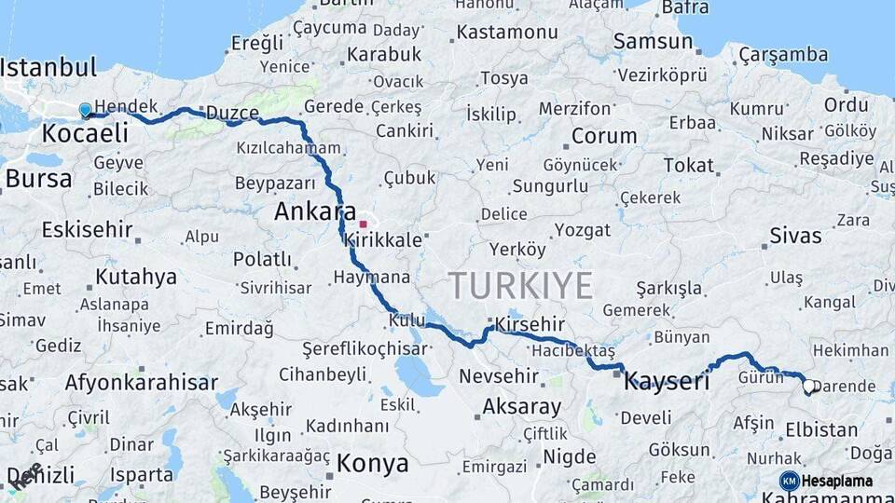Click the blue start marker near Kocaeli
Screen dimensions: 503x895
86,111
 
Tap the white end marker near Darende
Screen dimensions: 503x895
808,385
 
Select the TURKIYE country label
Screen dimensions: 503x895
520,285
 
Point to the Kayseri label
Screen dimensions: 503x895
667,380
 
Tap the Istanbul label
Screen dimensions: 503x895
48,67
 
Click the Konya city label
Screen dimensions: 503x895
373,463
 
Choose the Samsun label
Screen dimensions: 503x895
653,41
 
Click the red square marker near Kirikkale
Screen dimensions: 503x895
363,224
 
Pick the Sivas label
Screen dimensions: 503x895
795,236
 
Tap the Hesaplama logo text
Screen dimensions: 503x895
839,481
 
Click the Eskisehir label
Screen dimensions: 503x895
85,229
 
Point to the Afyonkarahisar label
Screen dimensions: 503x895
142,382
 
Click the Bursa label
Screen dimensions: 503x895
38,178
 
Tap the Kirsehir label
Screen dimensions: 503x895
530,322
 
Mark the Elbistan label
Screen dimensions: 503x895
821,429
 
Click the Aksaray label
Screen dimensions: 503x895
522,407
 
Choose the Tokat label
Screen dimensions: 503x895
688,165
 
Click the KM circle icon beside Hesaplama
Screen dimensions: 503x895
790,481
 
